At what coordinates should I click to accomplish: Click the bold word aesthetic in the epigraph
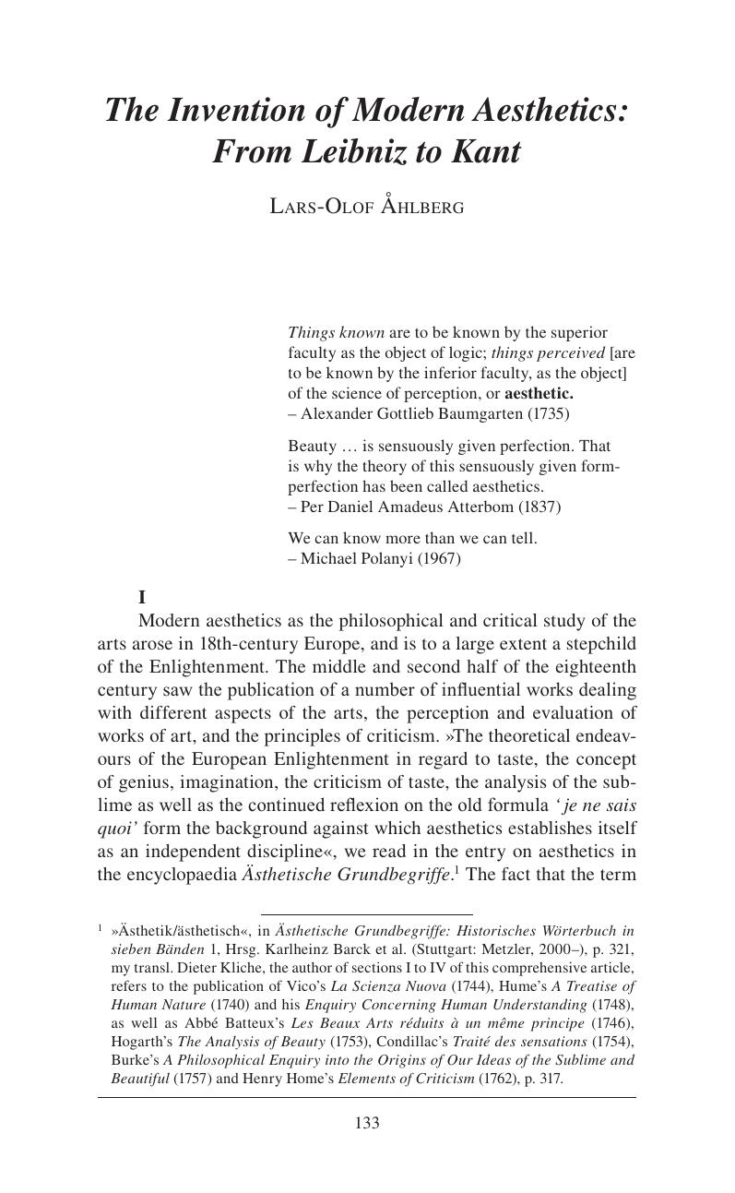[539, 394]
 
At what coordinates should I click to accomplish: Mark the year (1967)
[439, 558]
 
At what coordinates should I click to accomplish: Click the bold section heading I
[142, 597]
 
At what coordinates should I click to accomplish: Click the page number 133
[367, 1123]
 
